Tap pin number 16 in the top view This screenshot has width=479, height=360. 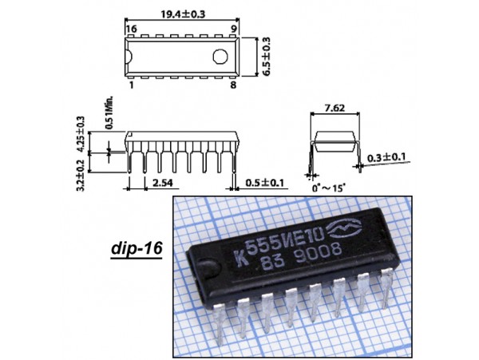click(131, 28)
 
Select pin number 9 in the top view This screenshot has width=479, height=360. click(234, 28)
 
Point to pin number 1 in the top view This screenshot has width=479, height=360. click(131, 83)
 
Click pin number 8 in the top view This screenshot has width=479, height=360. click(234, 83)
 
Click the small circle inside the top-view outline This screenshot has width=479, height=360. click(220, 56)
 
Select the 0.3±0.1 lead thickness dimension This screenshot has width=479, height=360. click(387, 157)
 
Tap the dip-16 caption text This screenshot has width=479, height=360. click(134, 250)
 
